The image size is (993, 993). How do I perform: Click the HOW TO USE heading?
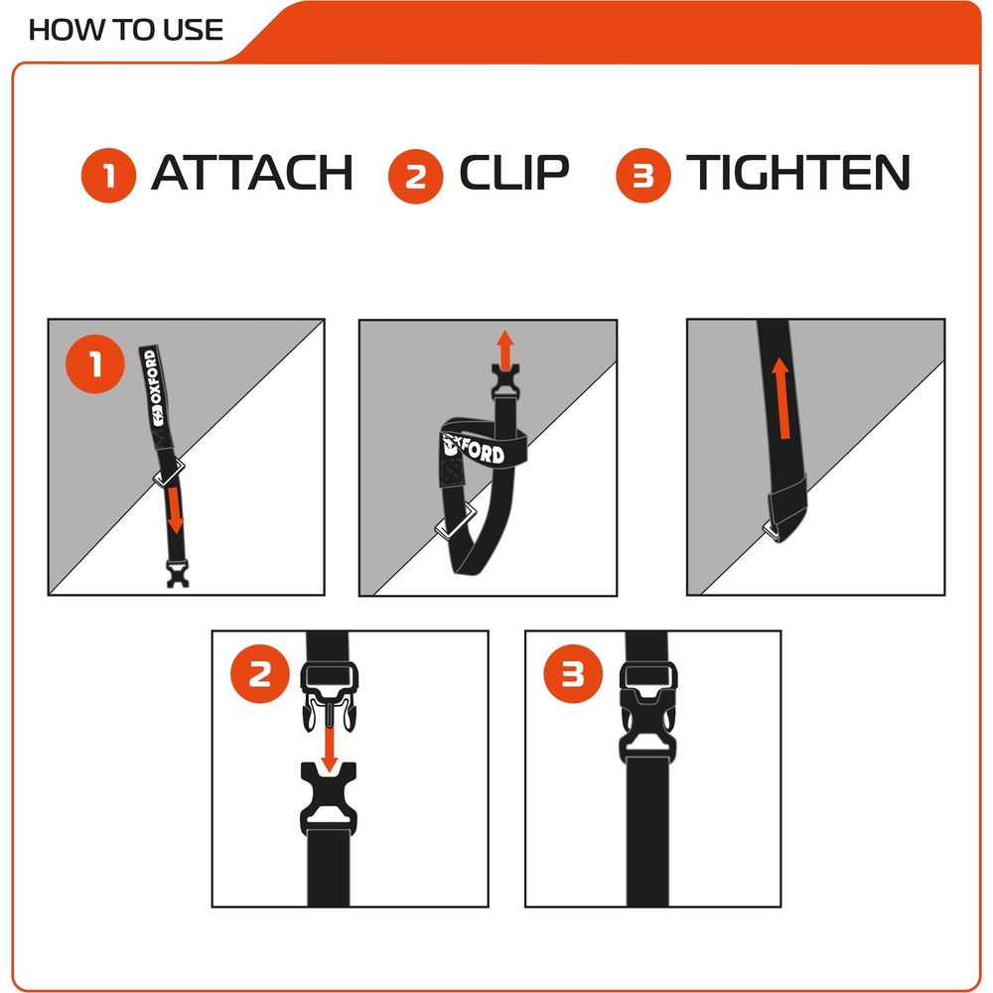click(x=126, y=29)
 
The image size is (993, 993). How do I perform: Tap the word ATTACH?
click(x=252, y=173)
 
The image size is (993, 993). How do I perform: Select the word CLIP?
click(x=514, y=173)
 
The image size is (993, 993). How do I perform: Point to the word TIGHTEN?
click(x=798, y=173)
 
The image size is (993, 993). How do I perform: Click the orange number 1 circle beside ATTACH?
click(x=108, y=175)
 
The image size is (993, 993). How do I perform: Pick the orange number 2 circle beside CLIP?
click(x=416, y=175)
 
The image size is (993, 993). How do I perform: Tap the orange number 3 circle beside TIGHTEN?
click(x=643, y=175)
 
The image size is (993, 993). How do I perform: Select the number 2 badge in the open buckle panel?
click(x=260, y=674)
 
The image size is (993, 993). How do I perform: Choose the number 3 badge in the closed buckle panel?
click(x=573, y=674)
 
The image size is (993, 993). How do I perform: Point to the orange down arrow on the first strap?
click(x=175, y=508)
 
